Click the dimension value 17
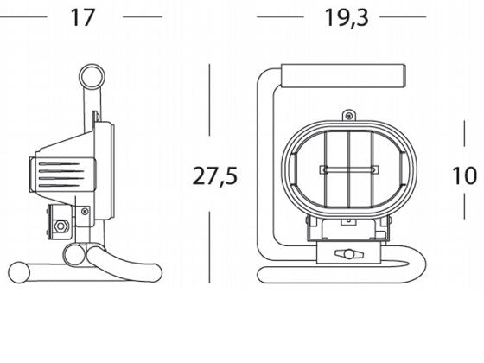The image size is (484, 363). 81,16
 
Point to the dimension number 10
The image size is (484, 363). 464,175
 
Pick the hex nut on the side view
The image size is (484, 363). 61,228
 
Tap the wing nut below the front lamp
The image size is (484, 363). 349,255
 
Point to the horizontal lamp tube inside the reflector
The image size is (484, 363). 348,169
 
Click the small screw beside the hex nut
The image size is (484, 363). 84,211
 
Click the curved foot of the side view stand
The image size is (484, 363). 130,259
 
